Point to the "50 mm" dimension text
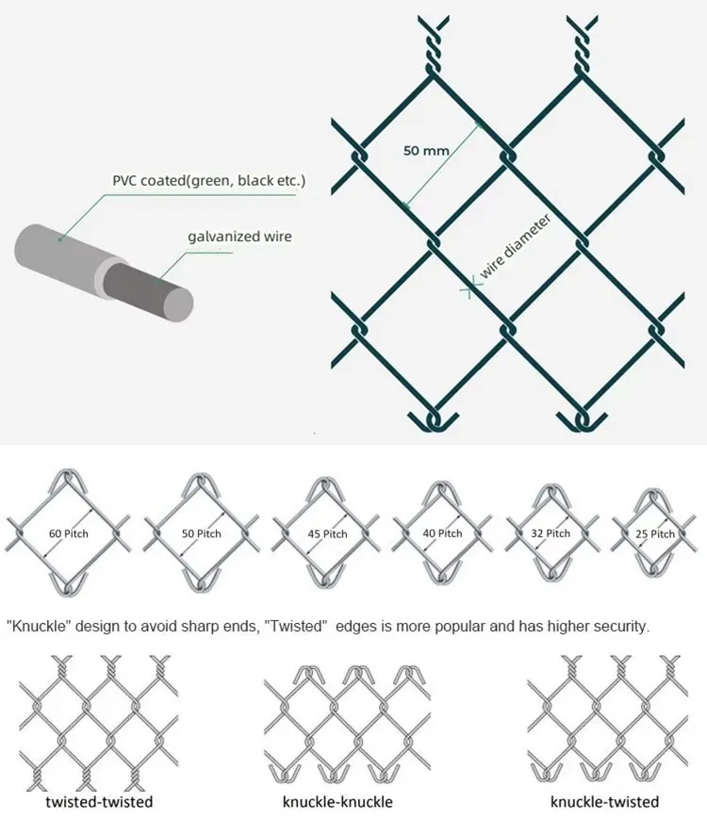(426, 150)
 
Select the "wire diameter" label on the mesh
(515, 245)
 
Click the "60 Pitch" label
(68, 534)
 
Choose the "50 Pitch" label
(201, 534)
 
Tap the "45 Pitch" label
(327, 534)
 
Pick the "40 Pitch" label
(442, 533)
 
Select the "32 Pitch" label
(551, 533)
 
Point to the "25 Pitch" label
(655, 533)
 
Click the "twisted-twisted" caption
(99, 802)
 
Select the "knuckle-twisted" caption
(605, 802)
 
